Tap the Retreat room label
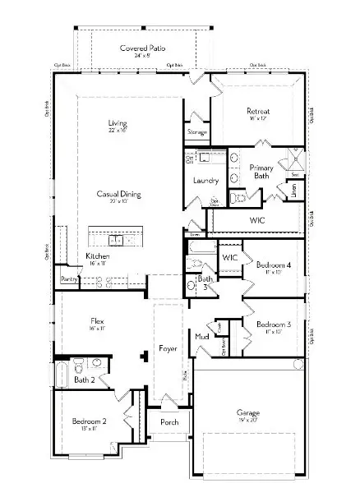(259, 111)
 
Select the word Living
(118, 124)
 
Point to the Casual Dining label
(118, 194)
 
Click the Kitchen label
(98, 256)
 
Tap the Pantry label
(67, 279)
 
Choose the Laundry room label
(205, 180)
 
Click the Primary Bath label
(261, 172)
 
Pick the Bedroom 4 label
(272, 264)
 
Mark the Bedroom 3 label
(272, 324)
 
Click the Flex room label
(97, 320)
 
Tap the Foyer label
(168, 348)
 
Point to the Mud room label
(201, 337)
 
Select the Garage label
(248, 412)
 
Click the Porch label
(168, 423)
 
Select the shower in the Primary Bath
(292, 161)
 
